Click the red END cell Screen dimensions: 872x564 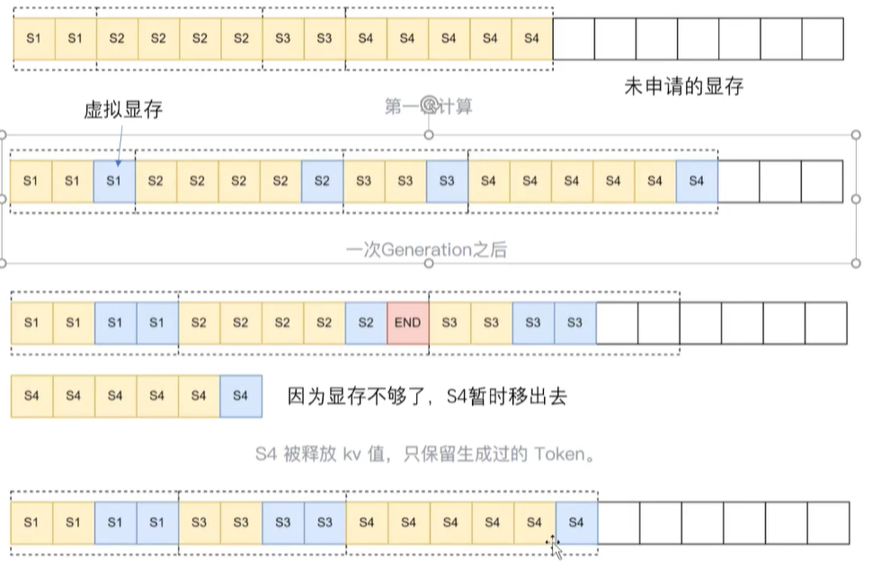pyautogui.click(x=407, y=323)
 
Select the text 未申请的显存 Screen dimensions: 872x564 pyautogui.click(x=684, y=87)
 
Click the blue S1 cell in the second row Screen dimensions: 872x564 pyautogui.click(x=114, y=181)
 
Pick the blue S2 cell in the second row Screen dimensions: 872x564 pyautogui.click(x=322, y=181)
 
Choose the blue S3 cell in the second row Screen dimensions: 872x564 pyautogui.click(x=447, y=181)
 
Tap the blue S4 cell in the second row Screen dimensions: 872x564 pyautogui.click(x=697, y=181)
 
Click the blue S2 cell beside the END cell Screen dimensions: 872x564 pyautogui.click(x=366, y=323)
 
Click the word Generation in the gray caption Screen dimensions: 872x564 pyautogui.click(x=422, y=250)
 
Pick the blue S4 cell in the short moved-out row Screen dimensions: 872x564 pyautogui.click(x=240, y=396)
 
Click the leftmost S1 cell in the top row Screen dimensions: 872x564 pyautogui.click(x=34, y=39)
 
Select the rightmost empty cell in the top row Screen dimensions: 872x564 pyautogui.click(x=823, y=39)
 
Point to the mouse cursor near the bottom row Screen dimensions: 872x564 pyautogui.click(x=556, y=547)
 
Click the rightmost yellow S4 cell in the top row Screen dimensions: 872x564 pyautogui.click(x=531, y=39)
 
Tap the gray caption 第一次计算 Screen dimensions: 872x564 pyautogui.click(x=429, y=107)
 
